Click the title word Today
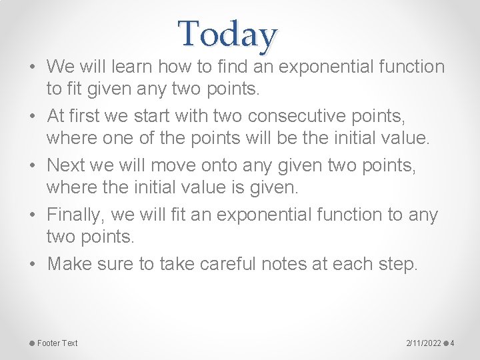pos(227,35)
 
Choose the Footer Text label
pos(57,343)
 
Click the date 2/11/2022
pos(423,343)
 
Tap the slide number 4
pos(453,343)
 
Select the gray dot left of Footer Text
pos(31,343)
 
